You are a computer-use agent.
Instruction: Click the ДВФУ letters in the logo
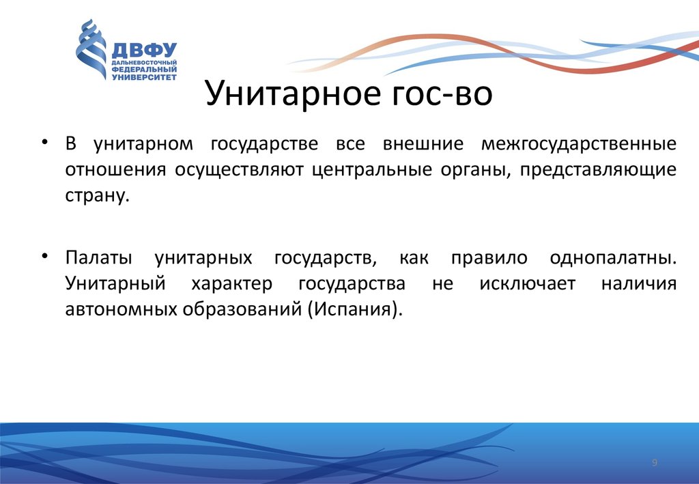pyautogui.click(x=143, y=51)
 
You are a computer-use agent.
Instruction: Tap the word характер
pyautogui.click(x=231, y=284)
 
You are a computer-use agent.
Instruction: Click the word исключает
pyautogui.click(x=517, y=284)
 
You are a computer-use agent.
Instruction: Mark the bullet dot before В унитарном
pyautogui.click(x=44, y=142)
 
